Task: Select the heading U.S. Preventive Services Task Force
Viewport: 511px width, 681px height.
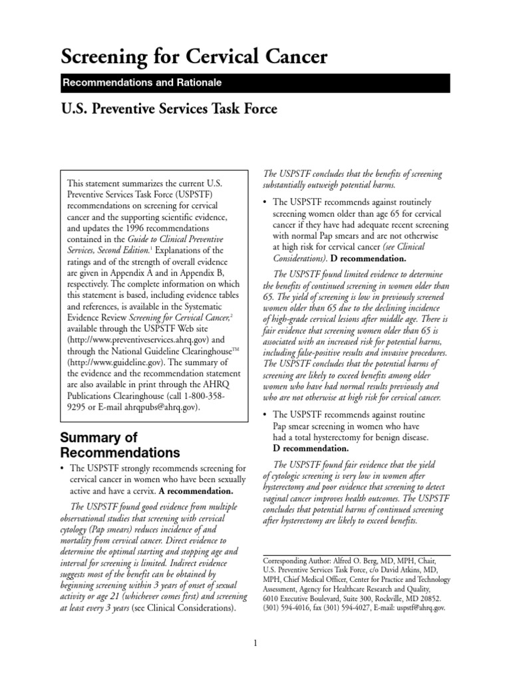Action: click(x=168, y=108)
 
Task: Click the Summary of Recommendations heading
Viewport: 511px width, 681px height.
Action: click(x=120, y=446)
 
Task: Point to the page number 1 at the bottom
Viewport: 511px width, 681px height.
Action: click(x=255, y=642)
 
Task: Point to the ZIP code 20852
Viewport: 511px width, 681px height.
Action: click(x=433, y=598)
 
